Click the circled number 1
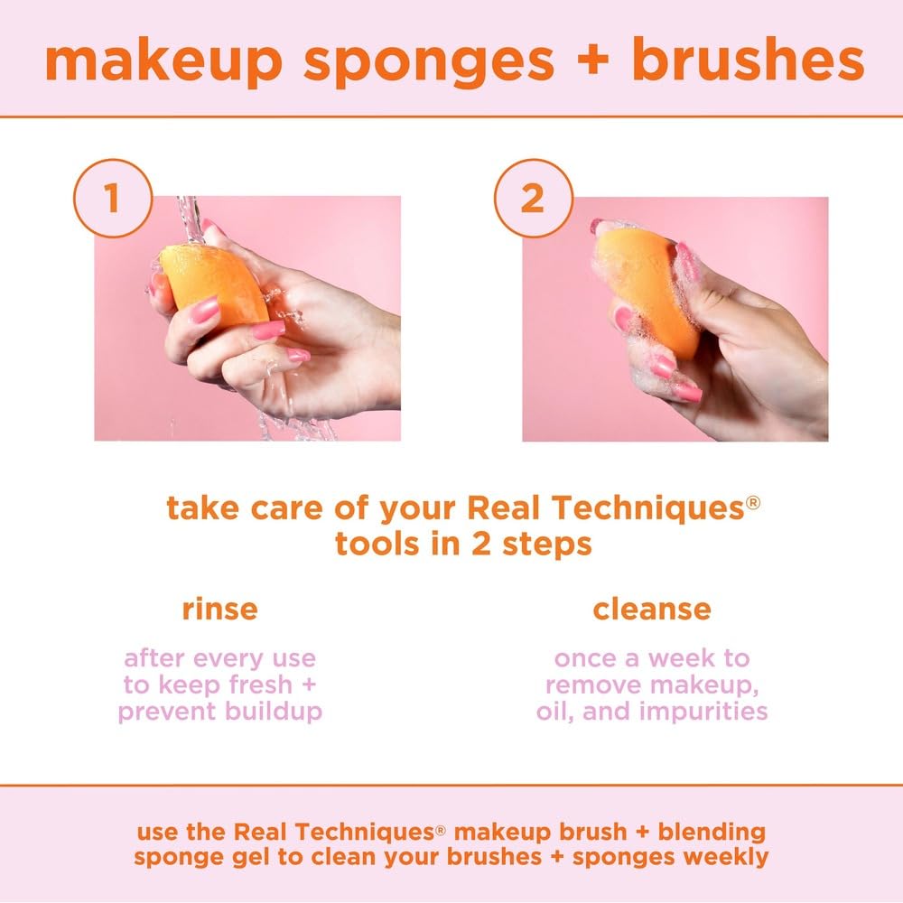(111, 199)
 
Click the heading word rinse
(219, 610)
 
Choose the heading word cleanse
(651, 610)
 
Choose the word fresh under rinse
(254, 684)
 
